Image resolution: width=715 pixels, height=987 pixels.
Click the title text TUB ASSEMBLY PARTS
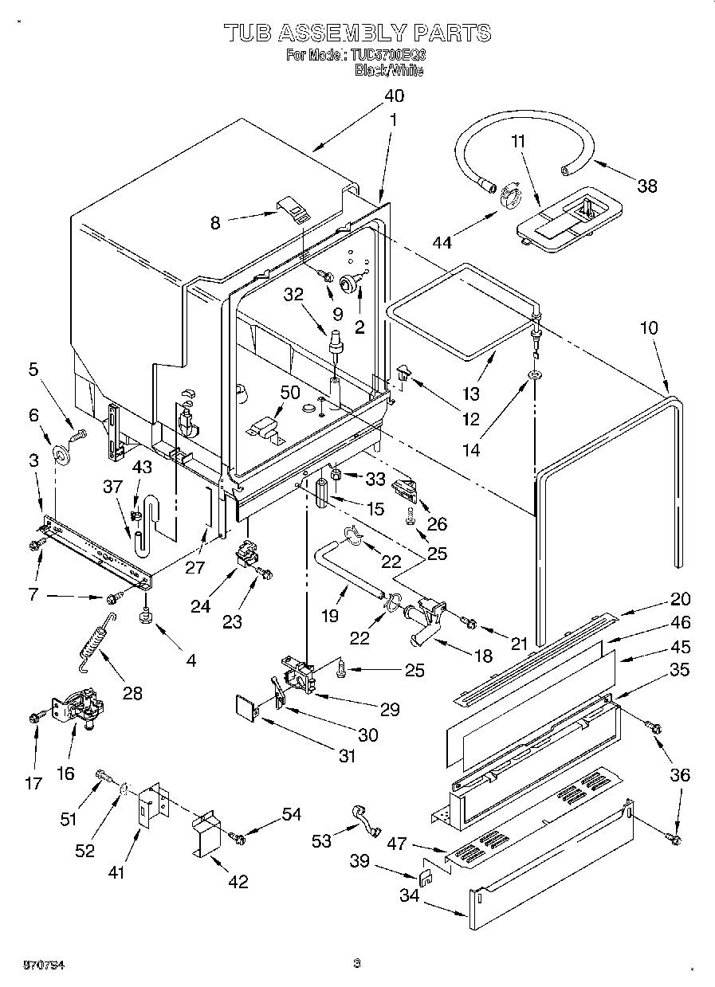pos(356,33)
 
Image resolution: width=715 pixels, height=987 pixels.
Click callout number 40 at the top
pos(393,96)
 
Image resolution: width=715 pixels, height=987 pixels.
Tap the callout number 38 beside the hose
pos(646,186)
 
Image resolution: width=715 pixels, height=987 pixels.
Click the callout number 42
pos(238,881)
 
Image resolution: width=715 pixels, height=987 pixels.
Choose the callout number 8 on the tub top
pos(214,224)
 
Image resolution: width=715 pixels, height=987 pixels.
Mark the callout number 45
pos(679,647)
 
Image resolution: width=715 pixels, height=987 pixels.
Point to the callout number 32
pos(293,293)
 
